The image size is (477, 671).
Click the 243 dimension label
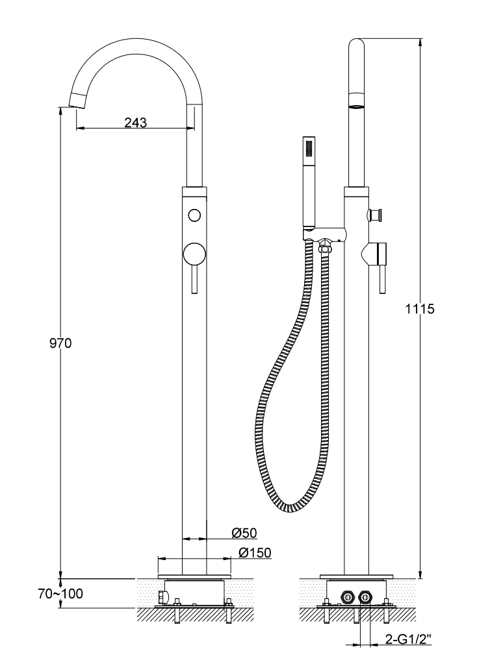pyautogui.click(x=135, y=123)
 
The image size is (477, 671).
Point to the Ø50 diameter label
pyautogui.click(x=244, y=533)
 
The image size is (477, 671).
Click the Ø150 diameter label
pyautogui.click(x=255, y=553)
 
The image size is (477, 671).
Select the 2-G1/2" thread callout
pyautogui.click(x=408, y=639)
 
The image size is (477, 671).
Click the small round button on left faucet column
pyautogui.click(x=194, y=215)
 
